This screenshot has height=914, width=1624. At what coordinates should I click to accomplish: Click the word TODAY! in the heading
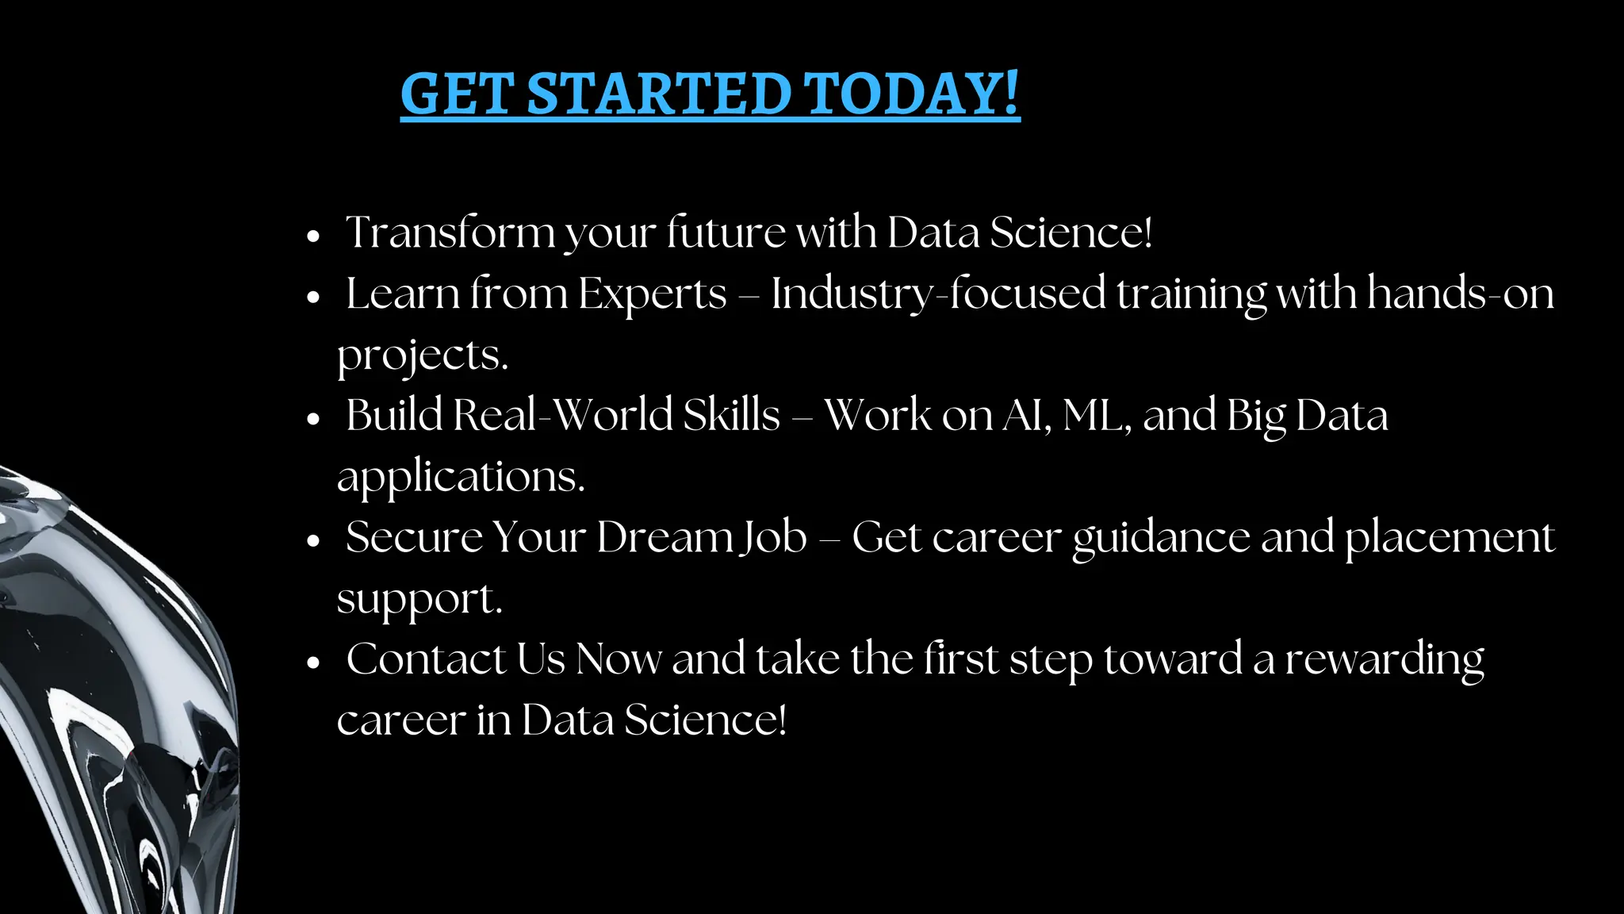(911, 93)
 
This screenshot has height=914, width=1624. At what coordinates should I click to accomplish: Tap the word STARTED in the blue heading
(658, 94)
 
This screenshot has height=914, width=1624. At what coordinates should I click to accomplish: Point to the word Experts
(652, 294)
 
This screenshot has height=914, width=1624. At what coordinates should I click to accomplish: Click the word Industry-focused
(938, 294)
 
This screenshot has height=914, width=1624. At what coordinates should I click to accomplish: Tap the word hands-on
(1460, 294)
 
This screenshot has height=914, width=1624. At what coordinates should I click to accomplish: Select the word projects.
(422, 355)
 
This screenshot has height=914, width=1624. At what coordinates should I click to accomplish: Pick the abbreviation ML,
(1097, 415)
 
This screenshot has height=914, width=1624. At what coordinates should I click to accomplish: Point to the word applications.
(461, 476)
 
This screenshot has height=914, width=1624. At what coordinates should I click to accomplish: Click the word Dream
(664, 537)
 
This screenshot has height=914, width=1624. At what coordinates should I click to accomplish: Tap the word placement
(1450, 537)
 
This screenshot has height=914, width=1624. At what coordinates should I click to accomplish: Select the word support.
(419, 598)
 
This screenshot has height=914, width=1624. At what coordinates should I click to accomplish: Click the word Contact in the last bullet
(427, 659)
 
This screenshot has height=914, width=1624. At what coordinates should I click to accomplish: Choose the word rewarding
(1384, 659)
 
